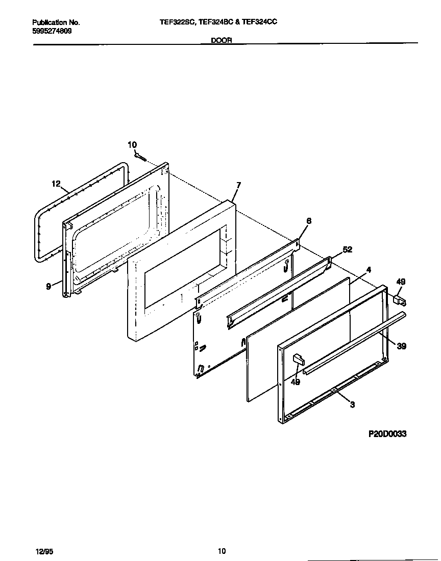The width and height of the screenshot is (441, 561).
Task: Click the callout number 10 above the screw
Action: (x=132, y=145)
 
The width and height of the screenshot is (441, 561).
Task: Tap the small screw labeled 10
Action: (x=141, y=158)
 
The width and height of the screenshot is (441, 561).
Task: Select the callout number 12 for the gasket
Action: (x=56, y=184)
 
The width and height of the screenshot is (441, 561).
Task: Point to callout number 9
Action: (x=48, y=287)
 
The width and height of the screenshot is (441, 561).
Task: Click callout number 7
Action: (x=238, y=185)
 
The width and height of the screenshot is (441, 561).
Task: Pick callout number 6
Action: (x=309, y=221)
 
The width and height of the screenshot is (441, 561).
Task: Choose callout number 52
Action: (x=348, y=249)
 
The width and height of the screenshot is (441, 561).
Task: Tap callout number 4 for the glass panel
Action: (x=368, y=269)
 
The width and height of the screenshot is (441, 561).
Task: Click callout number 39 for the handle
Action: (x=402, y=346)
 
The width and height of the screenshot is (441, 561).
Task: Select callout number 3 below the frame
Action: (x=352, y=405)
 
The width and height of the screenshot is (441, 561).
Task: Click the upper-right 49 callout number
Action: (x=401, y=282)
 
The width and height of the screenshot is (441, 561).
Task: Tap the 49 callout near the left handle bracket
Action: (x=295, y=382)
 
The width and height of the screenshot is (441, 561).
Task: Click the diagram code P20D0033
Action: (x=387, y=434)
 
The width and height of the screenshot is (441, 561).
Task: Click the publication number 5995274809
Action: (x=52, y=31)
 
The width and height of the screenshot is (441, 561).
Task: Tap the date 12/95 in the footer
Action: (x=44, y=551)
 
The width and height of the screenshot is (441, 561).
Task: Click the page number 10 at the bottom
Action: (x=222, y=551)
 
